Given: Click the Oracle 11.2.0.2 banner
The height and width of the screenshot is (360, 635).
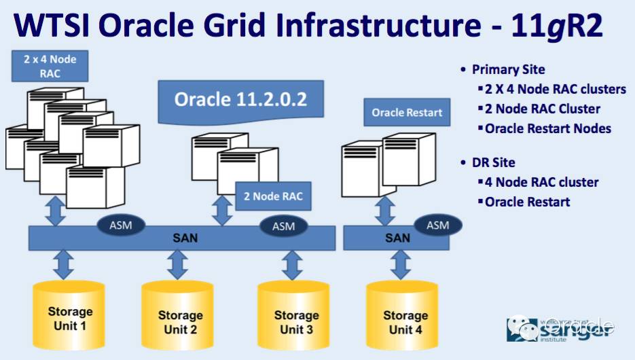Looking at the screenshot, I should [x=240, y=100].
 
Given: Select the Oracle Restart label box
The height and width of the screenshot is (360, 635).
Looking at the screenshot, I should [x=407, y=113].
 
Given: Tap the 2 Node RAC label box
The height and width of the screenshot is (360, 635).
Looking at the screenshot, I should [x=273, y=197].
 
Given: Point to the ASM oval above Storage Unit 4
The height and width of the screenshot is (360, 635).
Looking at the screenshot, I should [x=438, y=226].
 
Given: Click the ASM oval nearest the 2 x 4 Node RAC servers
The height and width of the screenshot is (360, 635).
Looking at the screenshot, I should [x=117, y=225].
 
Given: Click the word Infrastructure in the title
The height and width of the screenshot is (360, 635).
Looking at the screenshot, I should [x=357, y=26].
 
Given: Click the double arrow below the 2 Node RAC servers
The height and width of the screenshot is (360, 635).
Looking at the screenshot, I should [x=221, y=210].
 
